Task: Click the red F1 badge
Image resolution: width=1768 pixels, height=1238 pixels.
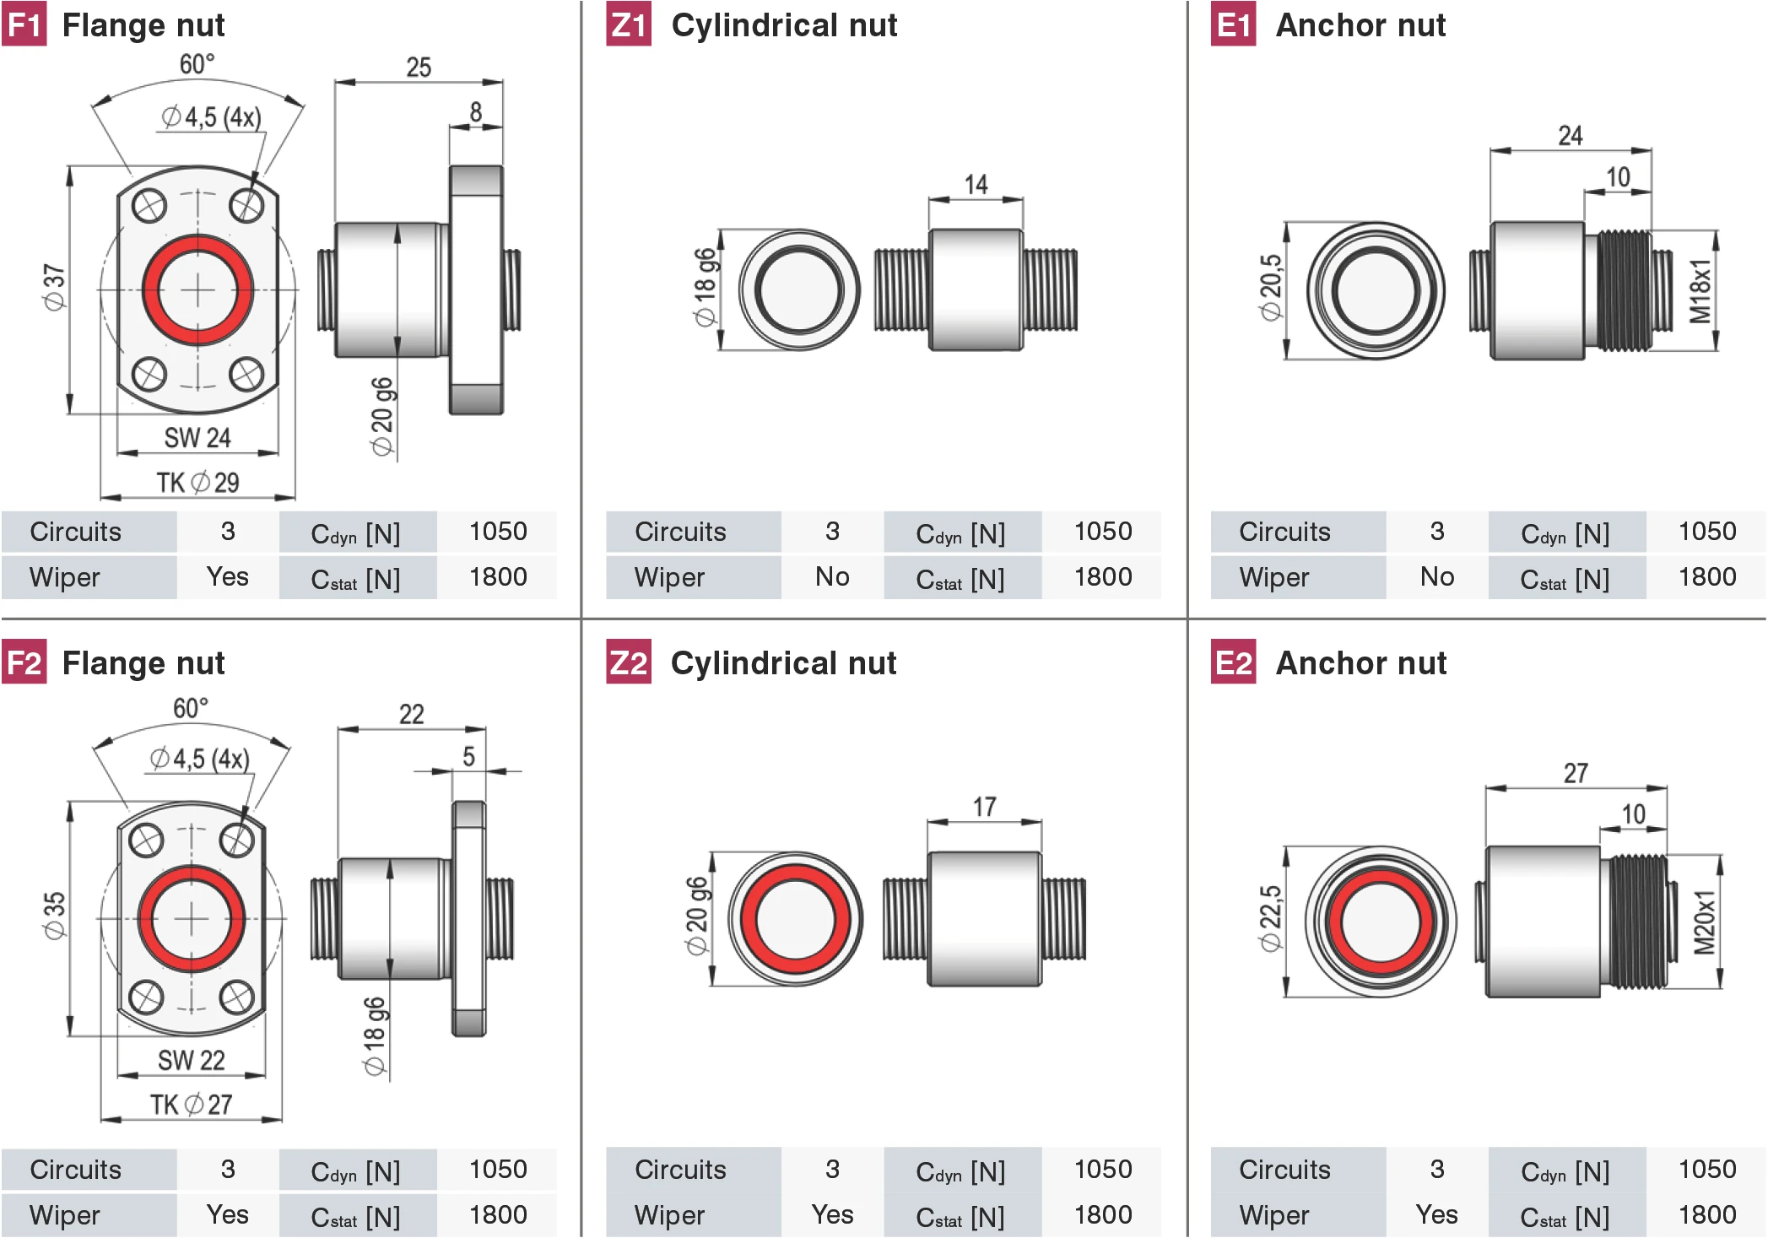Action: pos(24,24)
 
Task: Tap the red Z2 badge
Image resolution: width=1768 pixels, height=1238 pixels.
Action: pos(628,662)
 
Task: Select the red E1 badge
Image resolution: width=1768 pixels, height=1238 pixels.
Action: pos(1233,24)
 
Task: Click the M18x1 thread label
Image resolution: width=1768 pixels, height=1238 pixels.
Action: pos(1700,291)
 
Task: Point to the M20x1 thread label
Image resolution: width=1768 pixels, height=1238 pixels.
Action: pos(1705,922)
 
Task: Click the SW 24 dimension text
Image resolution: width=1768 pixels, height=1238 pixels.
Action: pos(197,438)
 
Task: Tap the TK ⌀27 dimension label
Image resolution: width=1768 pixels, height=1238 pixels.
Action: pos(192,1105)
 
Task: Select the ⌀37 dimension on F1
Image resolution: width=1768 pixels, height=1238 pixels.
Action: pos(54,288)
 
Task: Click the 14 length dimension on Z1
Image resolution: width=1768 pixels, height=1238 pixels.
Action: pos(976,184)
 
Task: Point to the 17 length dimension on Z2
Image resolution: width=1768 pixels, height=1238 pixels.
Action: pos(984,807)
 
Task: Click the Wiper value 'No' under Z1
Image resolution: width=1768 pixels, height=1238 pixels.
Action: pos(831,577)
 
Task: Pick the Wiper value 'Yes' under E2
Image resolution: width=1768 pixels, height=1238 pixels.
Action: pos(1436,1215)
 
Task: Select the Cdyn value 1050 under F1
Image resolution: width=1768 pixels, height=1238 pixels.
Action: pos(498,532)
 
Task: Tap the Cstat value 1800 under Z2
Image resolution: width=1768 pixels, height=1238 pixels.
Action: pos(1103,1215)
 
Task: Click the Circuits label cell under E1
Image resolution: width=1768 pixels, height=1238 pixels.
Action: pos(1284,532)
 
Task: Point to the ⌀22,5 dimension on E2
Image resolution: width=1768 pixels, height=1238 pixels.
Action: pos(1270,919)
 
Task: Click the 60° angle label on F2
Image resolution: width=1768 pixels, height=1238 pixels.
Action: pos(191,708)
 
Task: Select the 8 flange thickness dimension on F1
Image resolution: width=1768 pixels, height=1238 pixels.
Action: pos(476,111)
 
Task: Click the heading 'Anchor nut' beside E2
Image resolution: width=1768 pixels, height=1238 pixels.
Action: pos(1360,663)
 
